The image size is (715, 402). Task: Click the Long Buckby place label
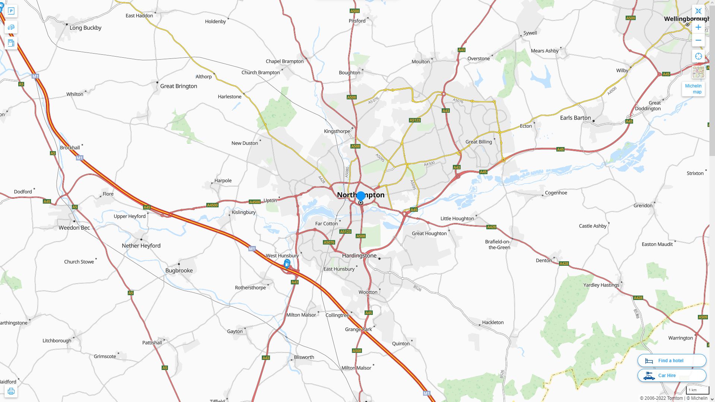tap(85, 28)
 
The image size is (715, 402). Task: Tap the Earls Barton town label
tap(575, 118)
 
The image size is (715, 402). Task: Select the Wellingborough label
tap(686, 19)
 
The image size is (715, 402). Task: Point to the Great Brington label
tap(178, 86)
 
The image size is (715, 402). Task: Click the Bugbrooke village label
tap(179, 271)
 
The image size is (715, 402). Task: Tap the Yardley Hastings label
tap(601, 285)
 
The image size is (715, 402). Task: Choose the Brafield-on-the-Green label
tap(498, 245)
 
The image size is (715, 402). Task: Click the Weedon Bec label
tap(74, 228)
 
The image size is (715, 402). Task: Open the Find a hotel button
tap(671, 361)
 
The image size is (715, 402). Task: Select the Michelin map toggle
tap(693, 89)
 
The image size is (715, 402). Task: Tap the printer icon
tap(11, 391)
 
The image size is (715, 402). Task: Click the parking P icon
tap(11, 11)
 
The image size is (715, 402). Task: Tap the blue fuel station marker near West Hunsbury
tap(287, 264)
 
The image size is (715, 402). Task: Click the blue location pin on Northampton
tap(360, 196)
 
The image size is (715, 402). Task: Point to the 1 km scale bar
tap(697, 390)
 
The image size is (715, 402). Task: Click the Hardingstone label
tap(359, 256)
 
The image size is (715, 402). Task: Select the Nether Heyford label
tap(141, 246)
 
